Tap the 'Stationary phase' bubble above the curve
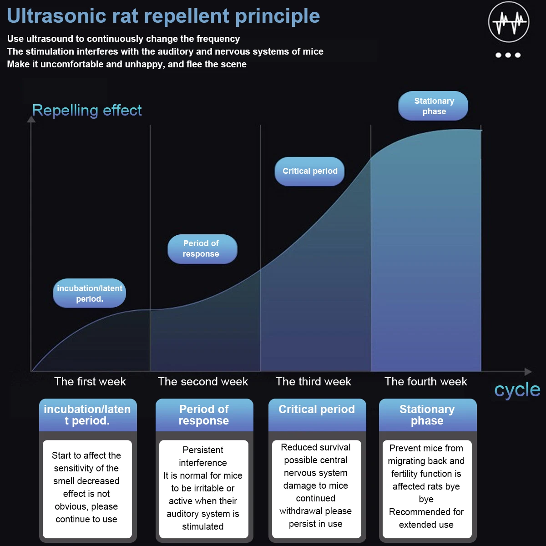tap(433, 106)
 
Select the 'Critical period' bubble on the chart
tap(309, 172)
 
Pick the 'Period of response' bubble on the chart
tap(202, 249)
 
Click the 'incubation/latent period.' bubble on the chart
tap(89, 293)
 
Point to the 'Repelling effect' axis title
tap(87, 111)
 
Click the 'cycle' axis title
tap(517, 390)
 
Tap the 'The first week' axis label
tap(90, 382)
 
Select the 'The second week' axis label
tap(202, 382)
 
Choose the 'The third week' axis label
tap(313, 382)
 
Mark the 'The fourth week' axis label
tap(425, 382)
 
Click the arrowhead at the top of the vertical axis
tap(31, 119)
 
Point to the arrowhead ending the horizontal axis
tap(528, 371)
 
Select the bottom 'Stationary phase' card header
tap(427, 415)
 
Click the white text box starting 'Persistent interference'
tap(203, 489)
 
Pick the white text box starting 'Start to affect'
tap(87, 489)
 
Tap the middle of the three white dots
tap(508, 55)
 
